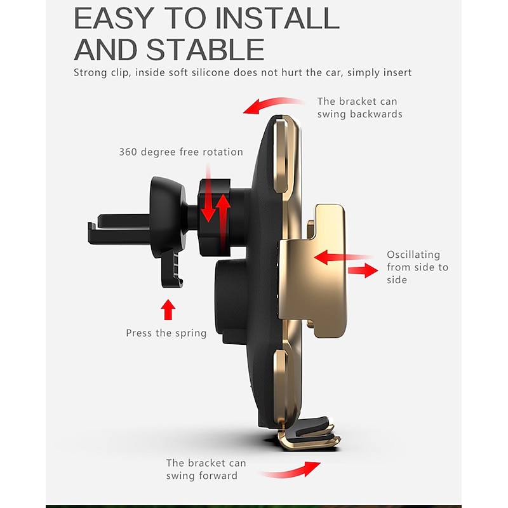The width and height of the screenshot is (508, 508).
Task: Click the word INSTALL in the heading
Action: tap(277, 18)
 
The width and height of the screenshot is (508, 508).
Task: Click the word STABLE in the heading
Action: tap(205, 50)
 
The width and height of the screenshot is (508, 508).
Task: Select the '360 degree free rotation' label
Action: tap(181, 152)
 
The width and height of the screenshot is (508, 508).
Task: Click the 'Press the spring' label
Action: tap(166, 333)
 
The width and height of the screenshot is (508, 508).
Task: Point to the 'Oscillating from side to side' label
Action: tap(417, 267)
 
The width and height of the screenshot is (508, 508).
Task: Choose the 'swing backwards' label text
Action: tap(359, 114)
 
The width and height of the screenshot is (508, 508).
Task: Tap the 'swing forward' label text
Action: tap(201, 476)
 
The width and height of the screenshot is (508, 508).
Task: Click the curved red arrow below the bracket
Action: tap(291, 472)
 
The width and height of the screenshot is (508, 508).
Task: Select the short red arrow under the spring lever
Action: tap(168, 309)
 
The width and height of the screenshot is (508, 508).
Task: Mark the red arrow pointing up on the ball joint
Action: tap(223, 224)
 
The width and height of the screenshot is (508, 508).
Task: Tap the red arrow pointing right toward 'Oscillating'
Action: tap(363, 271)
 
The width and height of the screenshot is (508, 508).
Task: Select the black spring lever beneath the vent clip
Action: tap(171, 270)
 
